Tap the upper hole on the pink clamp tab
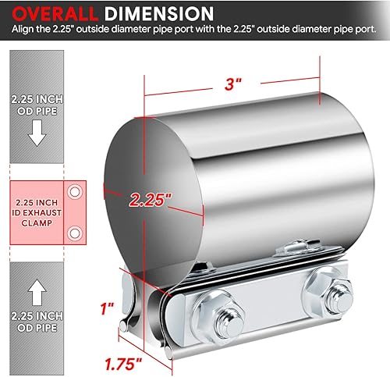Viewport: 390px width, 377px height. (76, 190)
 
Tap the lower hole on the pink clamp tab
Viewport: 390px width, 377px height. (76, 231)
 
